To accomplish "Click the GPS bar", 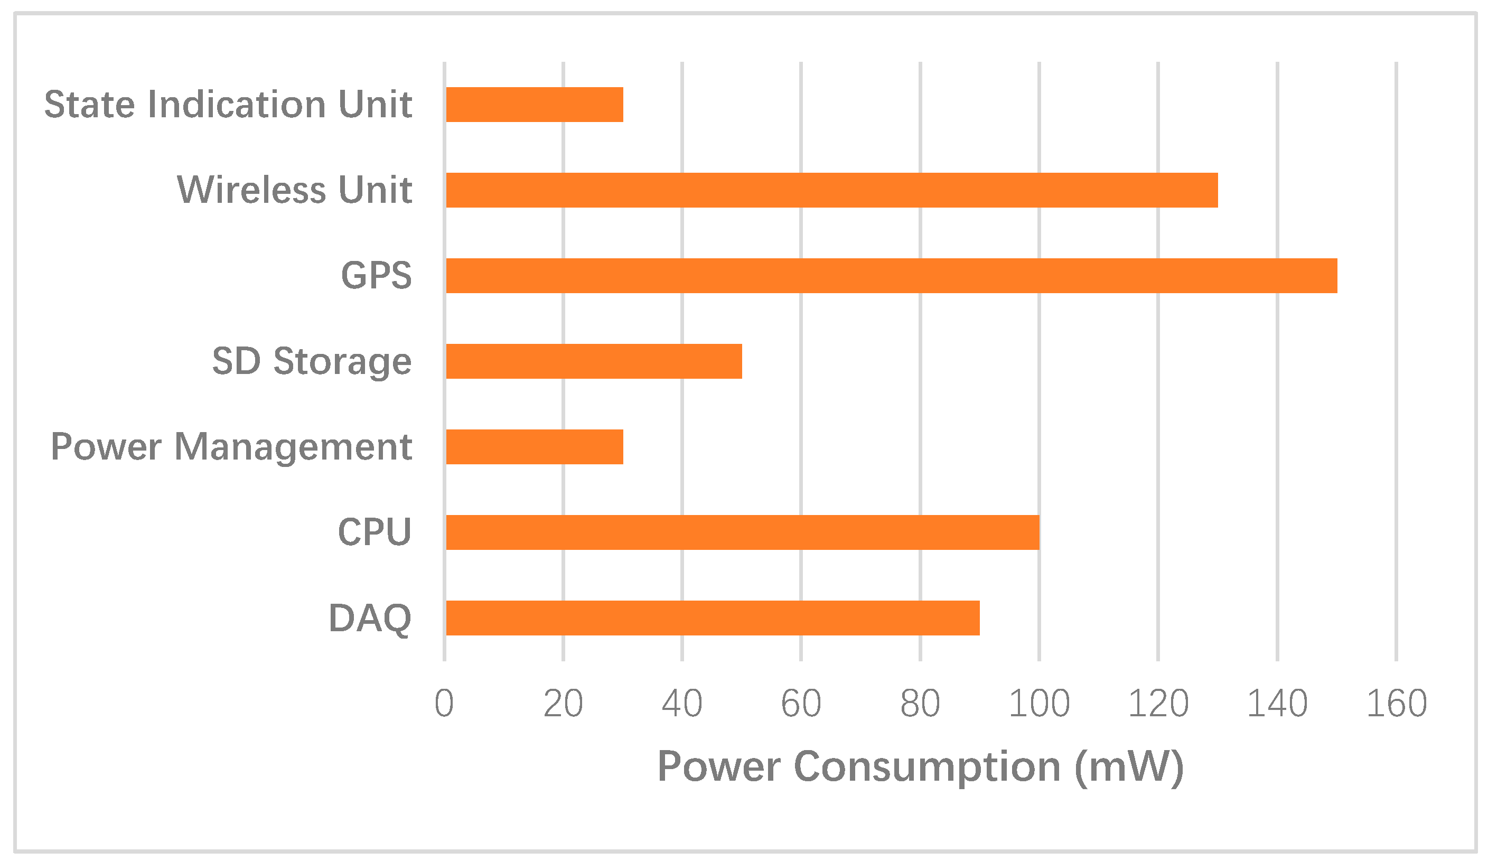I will tap(892, 276).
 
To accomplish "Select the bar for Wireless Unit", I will tap(832, 190).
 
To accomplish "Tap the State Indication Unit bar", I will tap(535, 105).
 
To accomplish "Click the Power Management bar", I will tap(535, 447).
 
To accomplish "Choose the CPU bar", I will tap(743, 532).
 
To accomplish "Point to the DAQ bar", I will tap(713, 619).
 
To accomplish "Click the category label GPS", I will tap(376, 276).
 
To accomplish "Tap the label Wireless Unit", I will tap(294, 190).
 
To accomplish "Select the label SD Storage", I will tap(312, 361).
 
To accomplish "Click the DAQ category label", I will tap(370, 619).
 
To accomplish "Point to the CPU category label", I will tap(375, 532).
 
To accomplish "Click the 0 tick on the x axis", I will tap(444, 704).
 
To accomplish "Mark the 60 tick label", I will tap(801, 704).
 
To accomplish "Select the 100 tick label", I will tap(1039, 704).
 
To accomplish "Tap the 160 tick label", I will tap(1397, 704).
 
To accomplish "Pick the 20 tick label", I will tap(563, 704).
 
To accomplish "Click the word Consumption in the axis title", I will tap(928, 767).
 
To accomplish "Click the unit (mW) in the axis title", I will tap(1129, 767).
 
